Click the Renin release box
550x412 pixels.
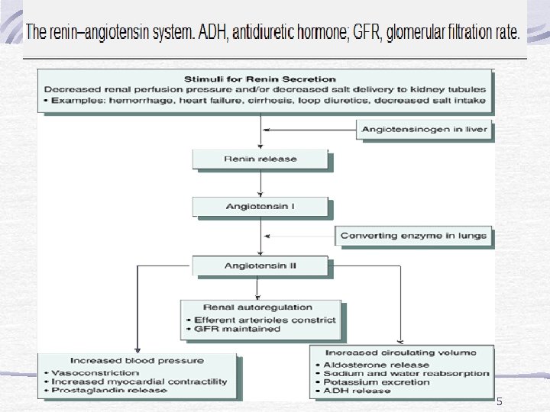pyautogui.click(x=260, y=159)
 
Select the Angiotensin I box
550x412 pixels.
pyautogui.click(x=260, y=206)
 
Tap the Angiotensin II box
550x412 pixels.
pyautogui.click(x=260, y=266)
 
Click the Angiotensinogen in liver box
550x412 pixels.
pyautogui.click(x=425, y=129)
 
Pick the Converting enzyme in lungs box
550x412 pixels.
pyautogui.click(x=413, y=236)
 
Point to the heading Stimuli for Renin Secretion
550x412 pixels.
pyautogui.click(x=260, y=79)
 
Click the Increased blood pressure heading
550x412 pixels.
pyautogui.click(x=137, y=360)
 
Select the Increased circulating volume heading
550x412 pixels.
pyautogui.click(x=400, y=352)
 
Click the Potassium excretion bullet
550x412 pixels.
pyautogui.click(x=366, y=383)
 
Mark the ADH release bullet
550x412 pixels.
pyautogui.click(x=352, y=392)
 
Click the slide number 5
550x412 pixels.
pyautogui.click(x=500, y=401)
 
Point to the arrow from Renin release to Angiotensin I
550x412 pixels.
pyautogui.click(x=260, y=182)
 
